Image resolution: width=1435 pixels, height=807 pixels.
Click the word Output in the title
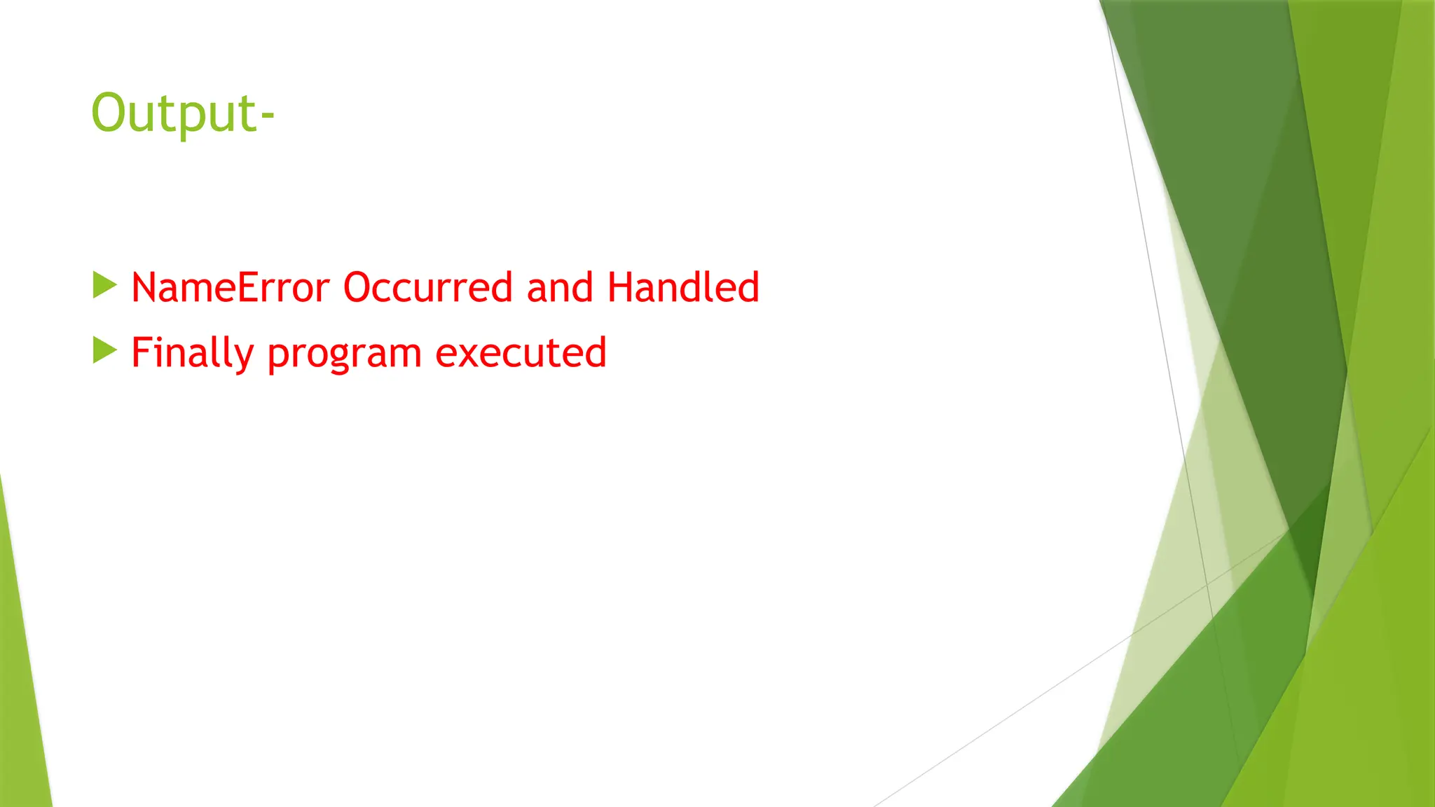pyautogui.click(x=175, y=113)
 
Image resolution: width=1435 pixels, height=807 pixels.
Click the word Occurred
pyautogui.click(x=428, y=287)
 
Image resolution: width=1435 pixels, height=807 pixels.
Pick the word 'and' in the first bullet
pyautogui.click(x=560, y=287)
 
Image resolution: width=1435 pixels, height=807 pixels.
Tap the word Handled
pyautogui.click(x=683, y=287)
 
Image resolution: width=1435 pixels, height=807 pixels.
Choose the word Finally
pyautogui.click(x=192, y=352)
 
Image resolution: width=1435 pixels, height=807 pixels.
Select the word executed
pyautogui.click(x=521, y=352)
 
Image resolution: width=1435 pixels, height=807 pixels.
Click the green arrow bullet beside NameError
pyautogui.click(x=104, y=285)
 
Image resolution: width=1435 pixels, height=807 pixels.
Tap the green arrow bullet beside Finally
pyautogui.click(x=104, y=350)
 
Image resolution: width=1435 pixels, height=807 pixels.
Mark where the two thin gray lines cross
pyautogui.click(x=1207, y=584)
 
